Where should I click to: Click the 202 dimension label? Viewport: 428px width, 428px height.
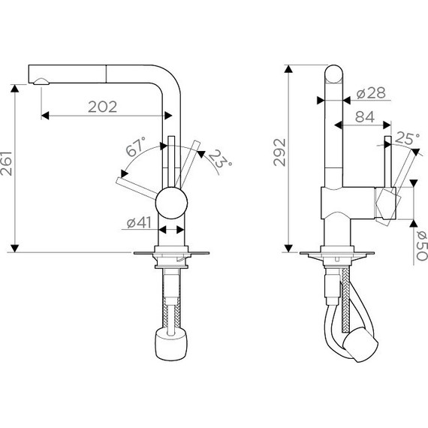click(102, 107)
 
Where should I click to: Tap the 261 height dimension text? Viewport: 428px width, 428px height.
click(7, 163)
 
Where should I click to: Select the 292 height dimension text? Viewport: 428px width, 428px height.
click(279, 152)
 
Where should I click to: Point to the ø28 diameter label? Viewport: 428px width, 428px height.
click(371, 93)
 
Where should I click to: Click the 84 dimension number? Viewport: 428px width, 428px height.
click(365, 117)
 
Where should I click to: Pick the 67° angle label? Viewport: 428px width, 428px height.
click(136, 146)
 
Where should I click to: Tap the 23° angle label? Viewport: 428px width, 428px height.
click(221, 159)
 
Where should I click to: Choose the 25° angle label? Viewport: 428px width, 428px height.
click(407, 138)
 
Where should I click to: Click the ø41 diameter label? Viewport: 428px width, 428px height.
click(139, 223)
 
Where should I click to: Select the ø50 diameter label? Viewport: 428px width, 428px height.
click(421, 246)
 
